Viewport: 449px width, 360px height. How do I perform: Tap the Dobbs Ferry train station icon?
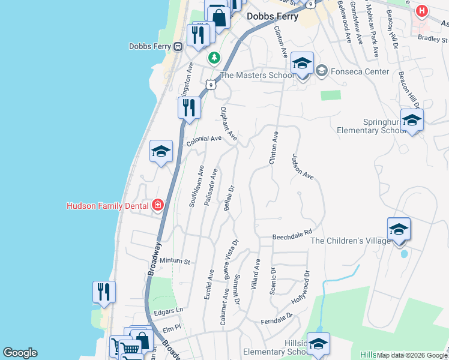178,46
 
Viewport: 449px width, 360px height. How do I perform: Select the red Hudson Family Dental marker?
157,206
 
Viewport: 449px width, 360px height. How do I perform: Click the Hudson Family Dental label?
107,206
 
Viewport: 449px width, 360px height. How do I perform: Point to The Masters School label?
256,75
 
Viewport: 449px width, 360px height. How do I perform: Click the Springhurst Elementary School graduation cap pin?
412,120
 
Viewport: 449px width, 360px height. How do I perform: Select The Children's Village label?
351,241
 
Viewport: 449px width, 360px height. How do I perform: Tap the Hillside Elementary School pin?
319,344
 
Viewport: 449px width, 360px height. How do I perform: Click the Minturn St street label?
175,262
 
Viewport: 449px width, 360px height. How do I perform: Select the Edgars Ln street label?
168,311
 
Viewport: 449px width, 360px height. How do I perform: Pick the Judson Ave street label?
303,167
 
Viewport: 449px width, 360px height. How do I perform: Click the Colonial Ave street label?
204,139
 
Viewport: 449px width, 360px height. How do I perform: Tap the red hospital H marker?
422,11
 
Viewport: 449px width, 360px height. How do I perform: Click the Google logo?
20,353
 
